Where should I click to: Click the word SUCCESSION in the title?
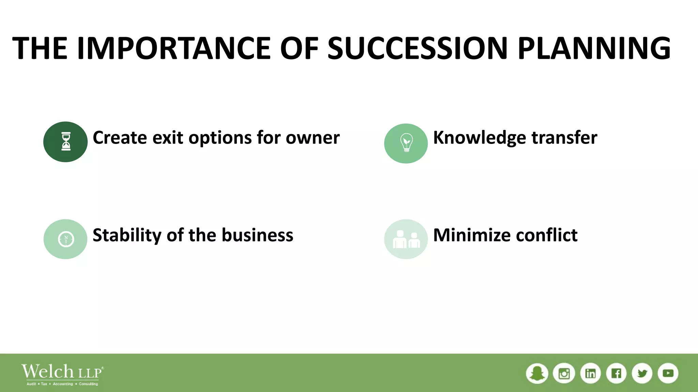418,48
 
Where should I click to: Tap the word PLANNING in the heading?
594,48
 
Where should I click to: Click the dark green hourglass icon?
65,142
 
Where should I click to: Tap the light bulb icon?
406,143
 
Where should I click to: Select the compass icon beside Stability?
65,239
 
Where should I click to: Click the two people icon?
406,239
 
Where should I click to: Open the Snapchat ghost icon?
537,373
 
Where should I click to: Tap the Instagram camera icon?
564,373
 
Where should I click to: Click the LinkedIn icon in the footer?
590,373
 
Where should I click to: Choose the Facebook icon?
616,373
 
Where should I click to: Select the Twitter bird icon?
642,373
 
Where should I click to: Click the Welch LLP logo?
62,374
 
